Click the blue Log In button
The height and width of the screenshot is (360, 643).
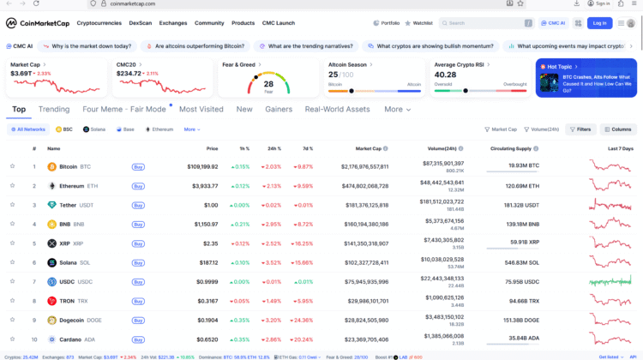click(599, 23)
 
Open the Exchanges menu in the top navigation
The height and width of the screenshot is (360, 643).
click(173, 23)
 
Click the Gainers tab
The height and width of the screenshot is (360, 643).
click(279, 110)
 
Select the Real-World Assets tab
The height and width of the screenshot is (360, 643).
click(337, 110)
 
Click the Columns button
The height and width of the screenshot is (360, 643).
click(618, 129)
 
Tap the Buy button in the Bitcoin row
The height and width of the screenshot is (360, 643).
click(138, 166)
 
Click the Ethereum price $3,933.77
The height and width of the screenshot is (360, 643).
click(204, 185)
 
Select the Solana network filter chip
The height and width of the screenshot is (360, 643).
click(93, 129)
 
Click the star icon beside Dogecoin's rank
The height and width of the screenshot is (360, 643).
click(13, 320)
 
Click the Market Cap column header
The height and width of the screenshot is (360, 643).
click(369, 148)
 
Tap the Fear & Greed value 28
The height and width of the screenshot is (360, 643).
click(268, 84)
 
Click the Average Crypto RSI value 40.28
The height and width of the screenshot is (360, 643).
click(446, 75)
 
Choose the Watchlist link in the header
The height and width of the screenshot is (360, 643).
click(418, 23)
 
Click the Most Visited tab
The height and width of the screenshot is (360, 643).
click(201, 110)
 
